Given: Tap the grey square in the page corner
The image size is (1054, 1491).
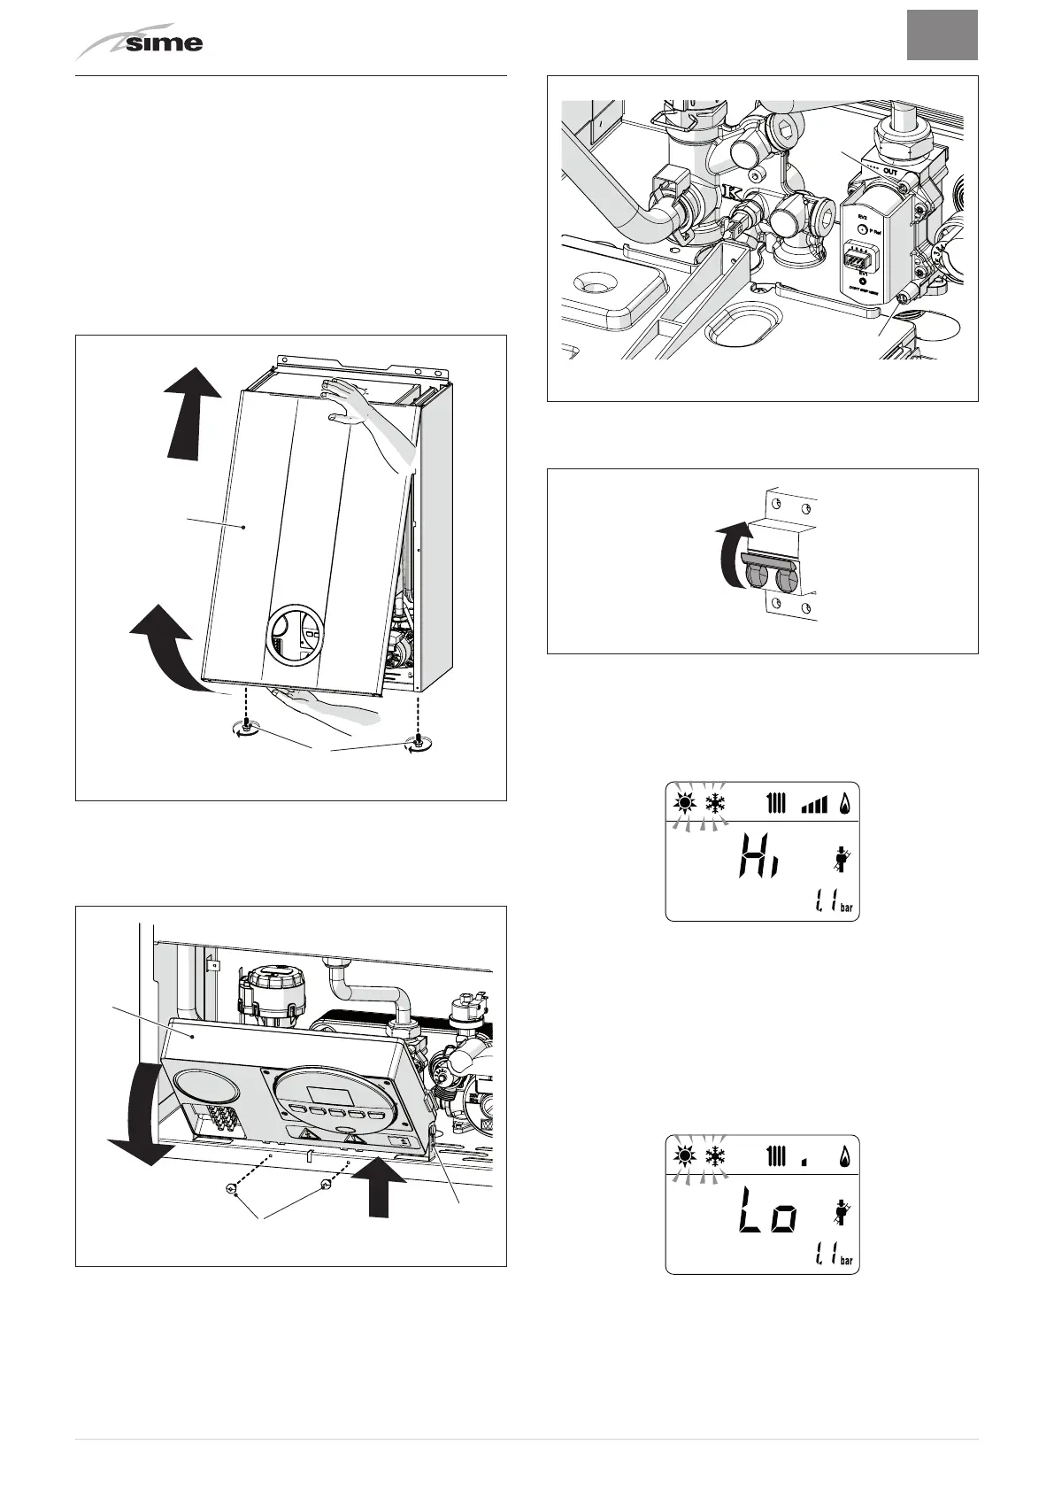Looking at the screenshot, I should click(x=942, y=35).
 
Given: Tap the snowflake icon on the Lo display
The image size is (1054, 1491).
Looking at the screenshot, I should click(x=715, y=1156).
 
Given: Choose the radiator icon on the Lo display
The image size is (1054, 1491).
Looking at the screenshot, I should click(x=776, y=1156).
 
